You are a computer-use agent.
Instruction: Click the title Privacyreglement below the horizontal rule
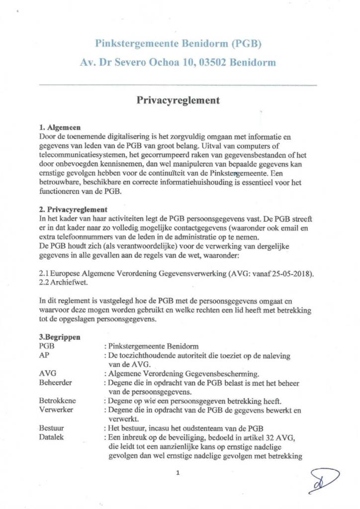point(178,100)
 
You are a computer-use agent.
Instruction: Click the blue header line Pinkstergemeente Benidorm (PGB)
point(178,43)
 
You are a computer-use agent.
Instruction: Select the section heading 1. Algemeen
point(60,127)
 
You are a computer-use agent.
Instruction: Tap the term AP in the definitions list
point(44,356)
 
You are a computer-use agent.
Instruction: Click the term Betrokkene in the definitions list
point(58,401)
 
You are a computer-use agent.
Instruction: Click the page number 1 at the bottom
point(178,472)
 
